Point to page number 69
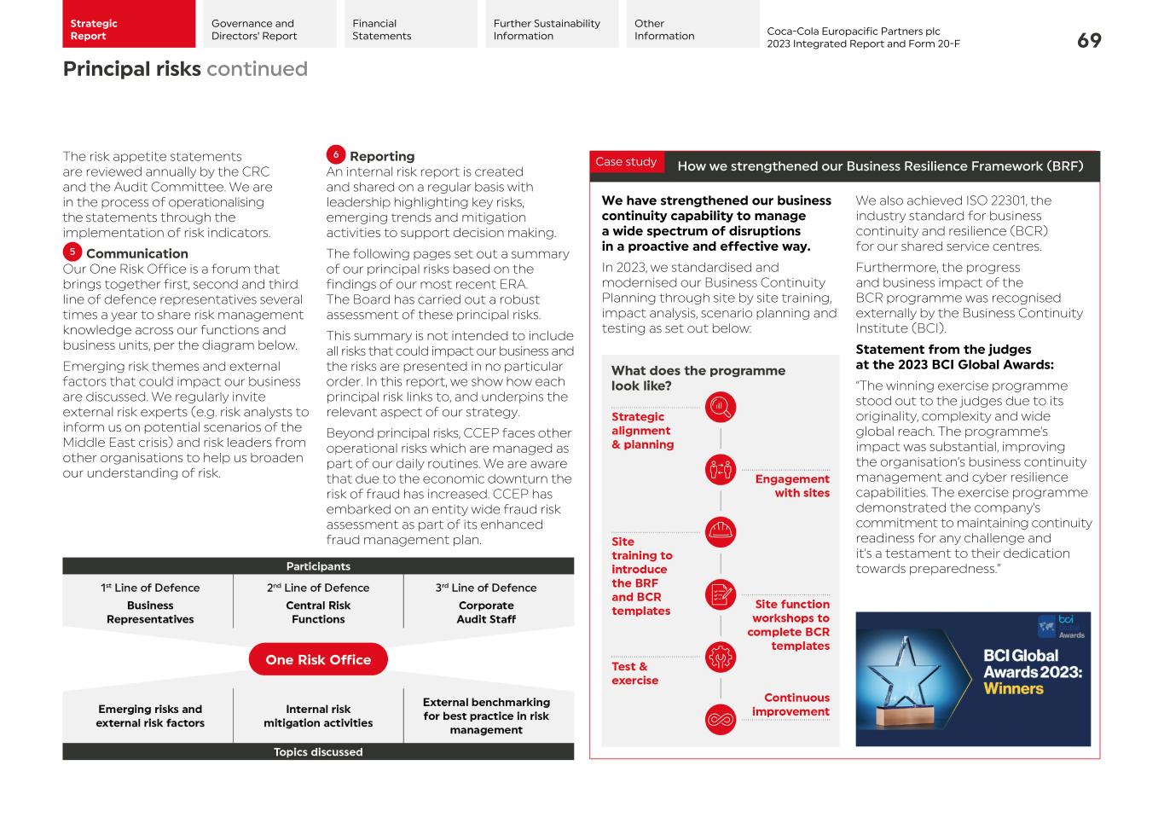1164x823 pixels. coord(1088,40)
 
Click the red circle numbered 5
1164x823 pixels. coord(72,252)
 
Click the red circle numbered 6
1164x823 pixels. coord(336,154)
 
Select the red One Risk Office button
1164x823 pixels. coord(318,659)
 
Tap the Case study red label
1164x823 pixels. coord(626,162)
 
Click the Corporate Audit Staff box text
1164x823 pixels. coord(486,612)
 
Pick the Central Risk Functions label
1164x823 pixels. coord(318,612)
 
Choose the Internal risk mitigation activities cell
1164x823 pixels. coord(318,716)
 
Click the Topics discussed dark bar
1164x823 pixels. coord(318,752)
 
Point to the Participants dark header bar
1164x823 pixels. coord(318,566)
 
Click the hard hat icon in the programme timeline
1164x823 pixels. coord(721,532)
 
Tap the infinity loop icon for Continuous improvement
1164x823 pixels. coord(721,719)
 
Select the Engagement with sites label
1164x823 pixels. coord(791,485)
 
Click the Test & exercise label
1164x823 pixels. coord(634,673)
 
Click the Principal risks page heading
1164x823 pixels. coord(132,69)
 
